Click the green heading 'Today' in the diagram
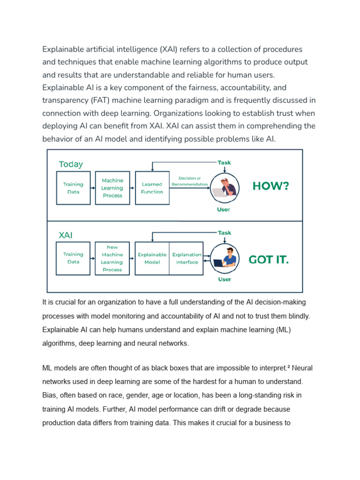tap(71, 164)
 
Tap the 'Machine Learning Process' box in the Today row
tap(112, 187)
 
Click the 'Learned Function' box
tap(152, 187)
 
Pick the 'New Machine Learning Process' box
tap(112, 258)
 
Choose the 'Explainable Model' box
tap(152, 258)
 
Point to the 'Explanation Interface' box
tap(187, 258)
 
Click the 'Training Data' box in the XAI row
tap(73, 258)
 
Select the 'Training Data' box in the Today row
tap(73, 187)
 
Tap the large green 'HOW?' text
tap(271, 186)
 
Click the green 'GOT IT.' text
tap(269, 260)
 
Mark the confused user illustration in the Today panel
tap(224, 187)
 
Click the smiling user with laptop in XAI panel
tap(224, 258)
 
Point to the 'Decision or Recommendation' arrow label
tap(189, 181)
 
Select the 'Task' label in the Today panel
tap(224, 163)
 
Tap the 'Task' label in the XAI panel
tap(224, 232)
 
